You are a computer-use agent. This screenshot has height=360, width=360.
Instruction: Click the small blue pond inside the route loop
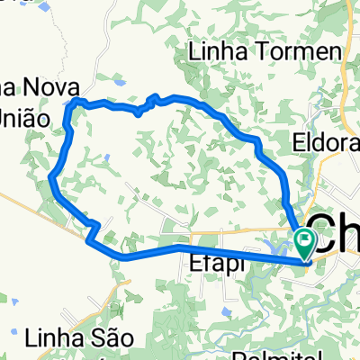point(106,157)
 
